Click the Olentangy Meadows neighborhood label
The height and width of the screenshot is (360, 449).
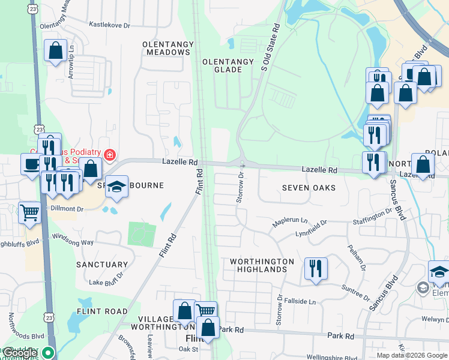click(x=168, y=48)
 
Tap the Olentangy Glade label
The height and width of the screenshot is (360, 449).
click(x=222, y=65)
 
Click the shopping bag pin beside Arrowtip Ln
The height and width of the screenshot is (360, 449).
click(x=55, y=51)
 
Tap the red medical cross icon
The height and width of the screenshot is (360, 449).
click(x=109, y=155)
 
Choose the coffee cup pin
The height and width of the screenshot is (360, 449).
click(x=31, y=164)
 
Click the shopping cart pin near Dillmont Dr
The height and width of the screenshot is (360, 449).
click(x=29, y=212)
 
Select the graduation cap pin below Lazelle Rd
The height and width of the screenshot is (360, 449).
click(x=116, y=188)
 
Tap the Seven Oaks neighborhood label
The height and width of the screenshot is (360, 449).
click(x=309, y=188)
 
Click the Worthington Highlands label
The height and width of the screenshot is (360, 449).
click(x=262, y=265)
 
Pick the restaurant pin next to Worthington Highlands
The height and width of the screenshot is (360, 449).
click(x=315, y=268)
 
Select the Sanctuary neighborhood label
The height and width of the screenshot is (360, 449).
click(x=102, y=264)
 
